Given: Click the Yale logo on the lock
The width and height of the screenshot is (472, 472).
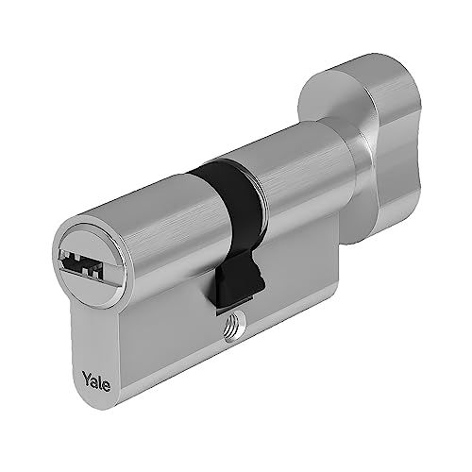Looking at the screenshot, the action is tap(96, 380).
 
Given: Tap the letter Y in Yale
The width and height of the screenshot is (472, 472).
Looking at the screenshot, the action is tap(87, 376).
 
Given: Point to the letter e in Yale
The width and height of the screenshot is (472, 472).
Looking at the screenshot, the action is tap(107, 386).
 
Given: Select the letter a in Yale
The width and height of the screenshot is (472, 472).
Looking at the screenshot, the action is tap(94, 381).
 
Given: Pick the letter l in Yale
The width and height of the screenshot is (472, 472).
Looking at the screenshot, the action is tap(100, 381).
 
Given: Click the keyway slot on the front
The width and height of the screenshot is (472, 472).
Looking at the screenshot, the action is tap(81, 261).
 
